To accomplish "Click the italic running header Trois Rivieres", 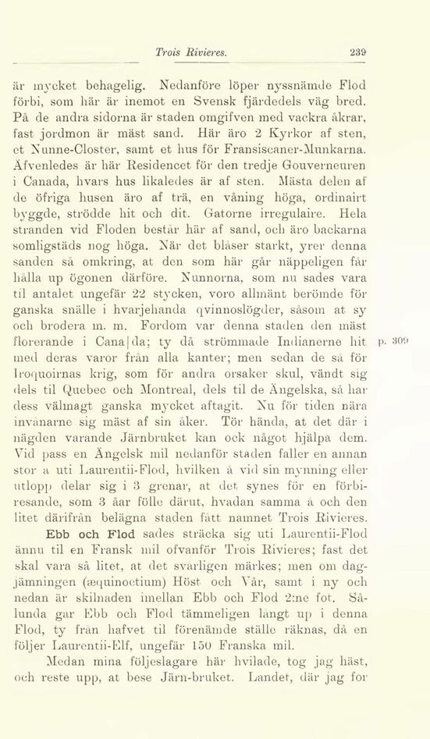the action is click(191, 53).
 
